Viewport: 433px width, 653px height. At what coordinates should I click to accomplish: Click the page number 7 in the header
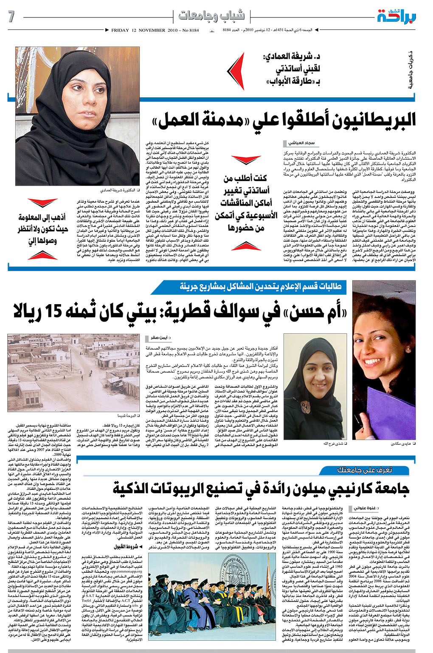[11, 17]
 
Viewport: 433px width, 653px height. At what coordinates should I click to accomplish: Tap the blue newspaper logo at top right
[396, 17]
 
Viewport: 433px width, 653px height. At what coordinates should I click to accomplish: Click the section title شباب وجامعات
[211, 16]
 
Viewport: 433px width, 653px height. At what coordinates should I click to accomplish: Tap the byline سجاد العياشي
[302, 144]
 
